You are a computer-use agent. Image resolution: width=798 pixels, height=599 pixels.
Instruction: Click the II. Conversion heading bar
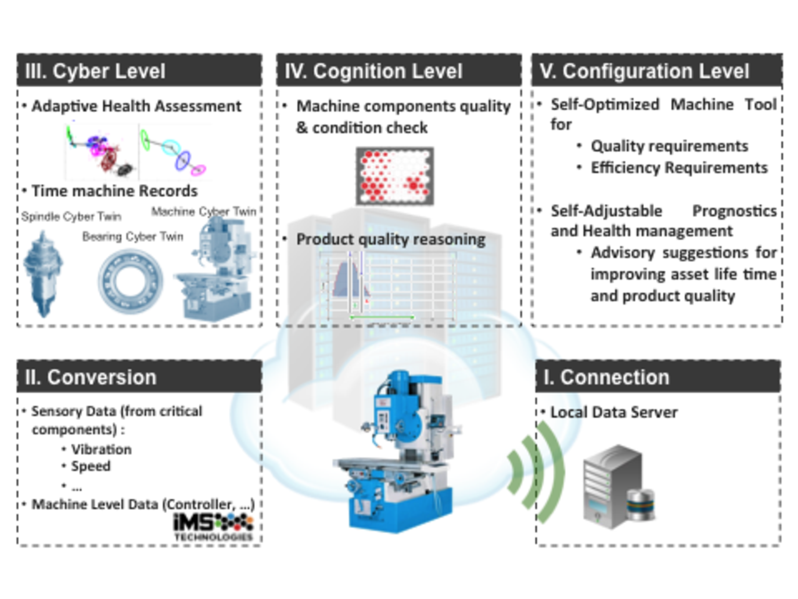[x=139, y=376]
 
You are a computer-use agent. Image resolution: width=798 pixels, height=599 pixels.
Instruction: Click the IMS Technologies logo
[x=213, y=527]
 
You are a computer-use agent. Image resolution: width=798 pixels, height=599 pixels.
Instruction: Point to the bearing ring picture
[x=130, y=281]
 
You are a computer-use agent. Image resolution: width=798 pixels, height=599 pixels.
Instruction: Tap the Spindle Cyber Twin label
[x=71, y=216]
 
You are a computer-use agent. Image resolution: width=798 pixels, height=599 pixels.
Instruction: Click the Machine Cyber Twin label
[x=204, y=211]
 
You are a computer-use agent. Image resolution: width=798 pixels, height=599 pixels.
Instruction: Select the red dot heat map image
[x=395, y=176]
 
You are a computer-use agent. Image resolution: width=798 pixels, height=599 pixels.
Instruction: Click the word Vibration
[x=102, y=449]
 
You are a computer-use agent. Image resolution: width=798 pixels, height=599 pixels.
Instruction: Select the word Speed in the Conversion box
[x=90, y=466]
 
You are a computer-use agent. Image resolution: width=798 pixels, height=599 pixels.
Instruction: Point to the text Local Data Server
[x=614, y=412]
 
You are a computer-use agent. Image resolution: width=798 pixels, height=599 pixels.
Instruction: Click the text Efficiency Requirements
[x=679, y=168]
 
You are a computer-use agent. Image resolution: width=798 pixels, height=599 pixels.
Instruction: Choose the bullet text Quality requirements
[x=669, y=146]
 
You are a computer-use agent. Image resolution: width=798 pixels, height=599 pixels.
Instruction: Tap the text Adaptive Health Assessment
[x=136, y=106]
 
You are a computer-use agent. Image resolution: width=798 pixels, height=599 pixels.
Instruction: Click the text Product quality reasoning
[x=391, y=239]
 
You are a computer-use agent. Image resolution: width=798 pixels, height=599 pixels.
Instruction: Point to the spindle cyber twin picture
[x=43, y=274]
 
